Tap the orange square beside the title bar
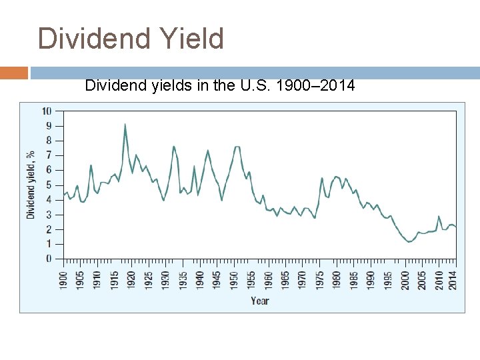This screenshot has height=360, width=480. click(13, 73)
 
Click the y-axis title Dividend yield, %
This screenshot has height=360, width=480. click(31, 184)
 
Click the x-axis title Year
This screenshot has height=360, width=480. click(260, 301)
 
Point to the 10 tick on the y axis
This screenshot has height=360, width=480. click(47, 111)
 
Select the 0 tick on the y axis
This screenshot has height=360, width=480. click(49, 259)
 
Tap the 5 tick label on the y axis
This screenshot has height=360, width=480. click(49, 185)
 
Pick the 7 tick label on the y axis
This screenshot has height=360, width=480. click(49, 155)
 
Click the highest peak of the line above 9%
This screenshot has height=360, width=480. click(125, 124)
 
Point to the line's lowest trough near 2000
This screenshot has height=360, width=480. click(409, 242)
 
